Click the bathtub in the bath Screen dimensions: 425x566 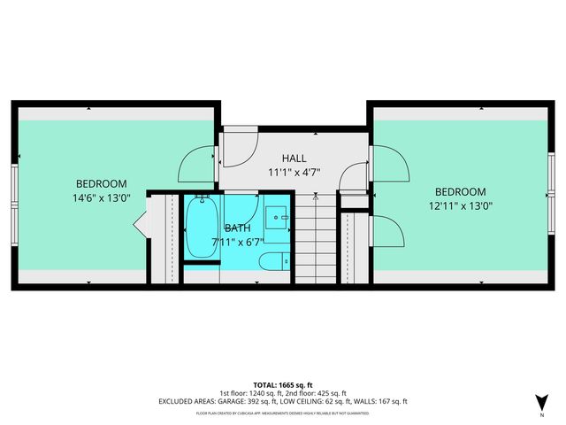202,228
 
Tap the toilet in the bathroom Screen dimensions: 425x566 273,261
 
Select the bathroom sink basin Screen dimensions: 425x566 278,215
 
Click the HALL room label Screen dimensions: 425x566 294,158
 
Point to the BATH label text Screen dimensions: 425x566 237,228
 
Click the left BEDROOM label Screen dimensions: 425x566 101,183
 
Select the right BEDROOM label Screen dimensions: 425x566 460,192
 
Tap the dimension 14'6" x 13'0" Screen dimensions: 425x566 102,198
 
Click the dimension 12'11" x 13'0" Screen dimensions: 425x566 461,206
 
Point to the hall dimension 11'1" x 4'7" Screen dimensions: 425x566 294,173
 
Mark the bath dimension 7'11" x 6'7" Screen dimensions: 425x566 237,241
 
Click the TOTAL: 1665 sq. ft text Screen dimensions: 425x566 283,383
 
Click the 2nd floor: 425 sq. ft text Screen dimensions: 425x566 317,392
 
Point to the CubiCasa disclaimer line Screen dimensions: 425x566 283,413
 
